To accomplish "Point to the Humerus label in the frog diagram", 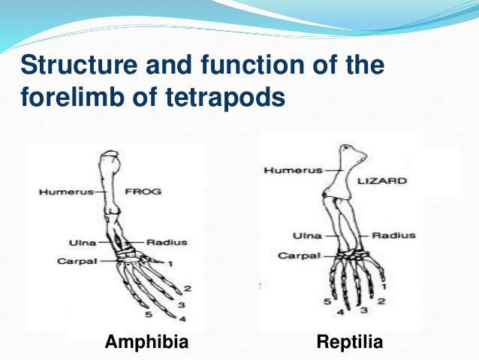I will click(65, 192).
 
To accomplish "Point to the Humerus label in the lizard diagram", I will click(292, 171).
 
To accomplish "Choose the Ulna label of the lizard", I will click(308, 236).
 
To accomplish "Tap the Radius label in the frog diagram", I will click(166, 242).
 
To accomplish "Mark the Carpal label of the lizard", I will click(300, 256).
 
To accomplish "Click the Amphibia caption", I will click(146, 343).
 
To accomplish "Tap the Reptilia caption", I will click(350, 343).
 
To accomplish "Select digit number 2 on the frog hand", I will click(187, 289).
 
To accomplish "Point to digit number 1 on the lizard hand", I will click(383, 286).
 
